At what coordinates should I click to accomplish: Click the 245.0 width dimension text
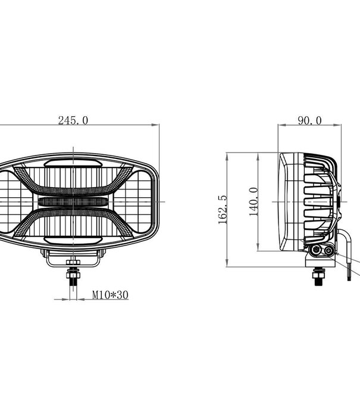73,120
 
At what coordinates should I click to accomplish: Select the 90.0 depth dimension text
309,120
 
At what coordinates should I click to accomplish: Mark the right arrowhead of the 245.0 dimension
159,125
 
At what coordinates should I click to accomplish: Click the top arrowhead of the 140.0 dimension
259,155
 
